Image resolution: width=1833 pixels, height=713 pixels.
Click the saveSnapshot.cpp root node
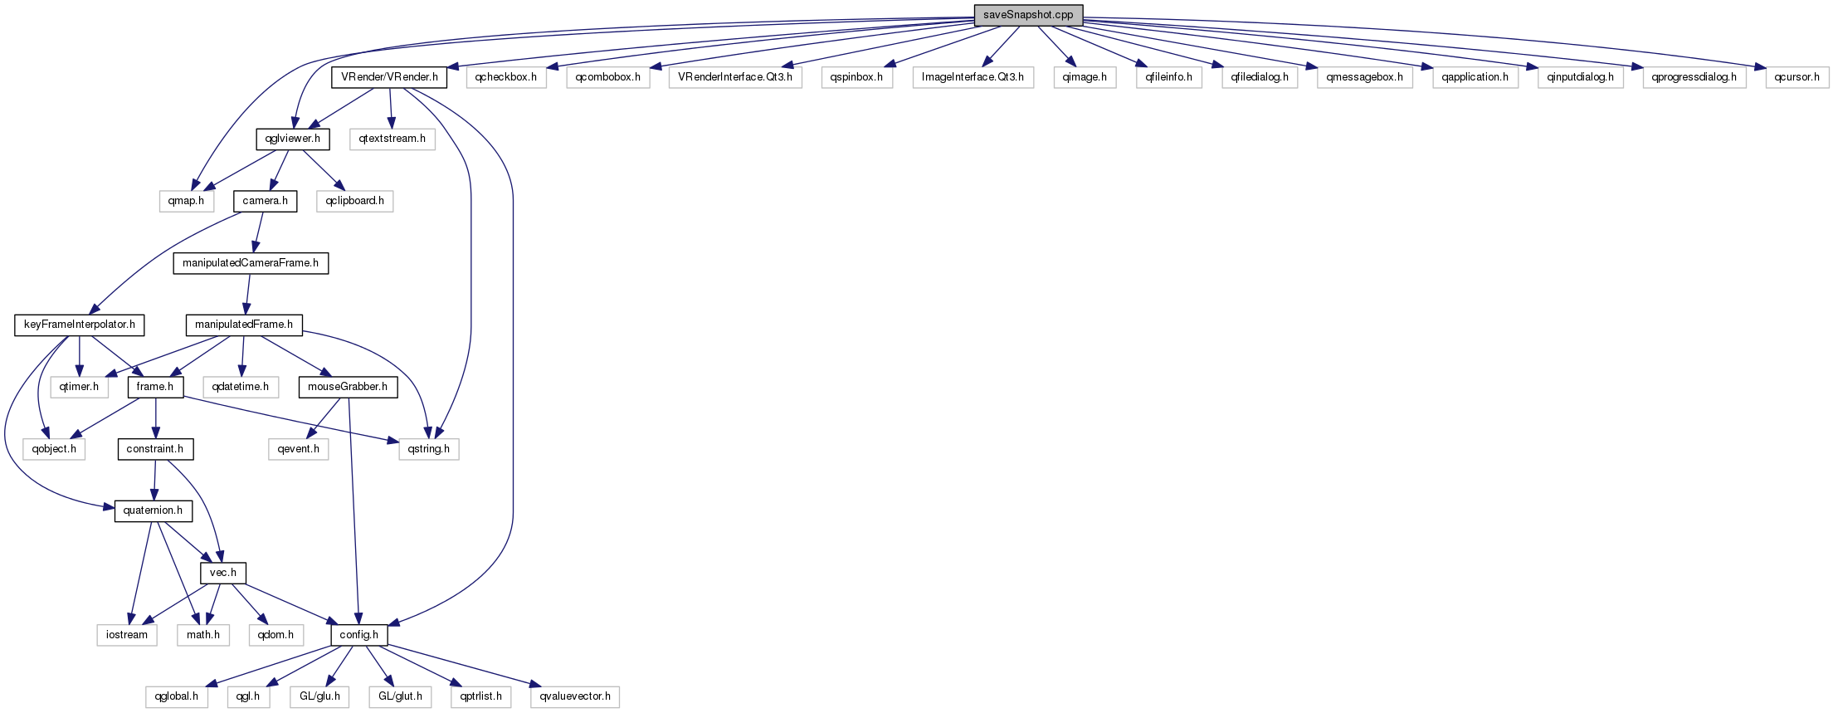(1028, 15)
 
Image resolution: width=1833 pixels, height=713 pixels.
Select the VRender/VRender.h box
(389, 77)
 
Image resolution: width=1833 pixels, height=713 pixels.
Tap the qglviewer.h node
(292, 139)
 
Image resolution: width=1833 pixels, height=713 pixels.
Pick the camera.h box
(265, 201)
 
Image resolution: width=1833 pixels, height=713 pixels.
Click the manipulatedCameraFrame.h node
(251, 263)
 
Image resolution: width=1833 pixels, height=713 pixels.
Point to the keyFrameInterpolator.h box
(79, 325)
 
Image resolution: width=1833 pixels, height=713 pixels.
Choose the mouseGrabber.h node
(348, 387)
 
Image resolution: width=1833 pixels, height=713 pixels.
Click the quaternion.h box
(153, 510)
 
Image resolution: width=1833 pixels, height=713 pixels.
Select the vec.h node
(223, 573)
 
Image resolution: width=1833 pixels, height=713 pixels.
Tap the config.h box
(358, 635)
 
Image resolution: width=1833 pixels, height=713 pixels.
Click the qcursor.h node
(1796, 77)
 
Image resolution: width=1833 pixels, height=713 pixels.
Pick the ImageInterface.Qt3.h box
(973, 77)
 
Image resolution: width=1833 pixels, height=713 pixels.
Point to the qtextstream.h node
(392, 139)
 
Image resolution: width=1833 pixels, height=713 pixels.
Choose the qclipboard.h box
(354, 201)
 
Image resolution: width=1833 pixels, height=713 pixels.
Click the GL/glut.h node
(400, 696)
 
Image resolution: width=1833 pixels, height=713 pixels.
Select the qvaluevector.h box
(575, 696)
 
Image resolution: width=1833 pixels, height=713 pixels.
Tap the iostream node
(127, 635)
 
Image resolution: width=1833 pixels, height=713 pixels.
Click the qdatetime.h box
(241, 387)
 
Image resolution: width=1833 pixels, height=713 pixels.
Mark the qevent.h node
(299, 449)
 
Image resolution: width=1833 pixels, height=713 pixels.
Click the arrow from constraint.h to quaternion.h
(154, 480)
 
